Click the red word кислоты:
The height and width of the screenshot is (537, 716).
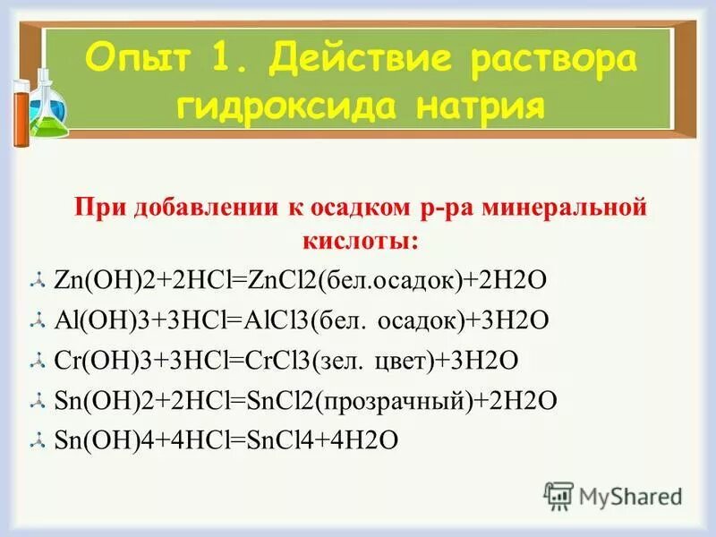click(x=358, y=241)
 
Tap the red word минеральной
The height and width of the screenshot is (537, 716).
click(x=562, y=209)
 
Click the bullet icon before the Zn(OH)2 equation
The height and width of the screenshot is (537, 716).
click(x=37, y=281)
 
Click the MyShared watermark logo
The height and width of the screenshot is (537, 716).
click(x=613, y=495)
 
